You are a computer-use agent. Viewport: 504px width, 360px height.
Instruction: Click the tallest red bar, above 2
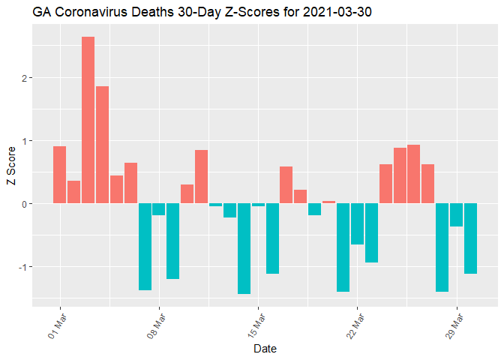click(88, 120)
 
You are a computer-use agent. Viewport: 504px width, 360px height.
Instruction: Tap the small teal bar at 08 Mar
click(159, 209)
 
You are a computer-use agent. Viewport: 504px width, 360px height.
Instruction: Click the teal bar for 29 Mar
click(456, 214)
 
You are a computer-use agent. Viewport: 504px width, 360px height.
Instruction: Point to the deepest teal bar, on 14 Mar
click(244, 248)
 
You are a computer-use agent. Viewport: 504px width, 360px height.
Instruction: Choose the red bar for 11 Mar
click(201, 177)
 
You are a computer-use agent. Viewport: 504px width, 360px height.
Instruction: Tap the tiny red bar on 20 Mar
click(328, 202)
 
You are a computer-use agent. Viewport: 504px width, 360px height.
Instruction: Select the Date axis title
click(265, 349)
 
